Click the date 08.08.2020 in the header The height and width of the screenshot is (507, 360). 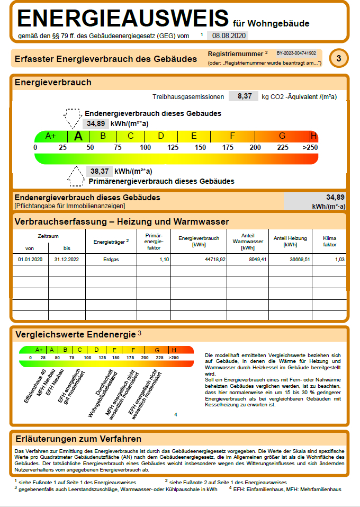[x=228, y=36]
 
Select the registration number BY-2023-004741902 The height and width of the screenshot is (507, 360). [x=296, y=54]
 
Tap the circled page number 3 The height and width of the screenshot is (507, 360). [x=339, y=58]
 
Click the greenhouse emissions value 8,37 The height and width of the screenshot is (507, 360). [x=244, y=96]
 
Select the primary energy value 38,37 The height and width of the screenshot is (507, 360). [x=100, y=171]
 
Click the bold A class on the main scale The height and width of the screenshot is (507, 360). [x=78, y=136]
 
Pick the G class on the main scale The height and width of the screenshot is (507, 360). [x=282, y=136]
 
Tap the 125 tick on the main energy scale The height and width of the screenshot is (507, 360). [x=173, y=147]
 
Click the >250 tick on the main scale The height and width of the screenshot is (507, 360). [x=310, y=147]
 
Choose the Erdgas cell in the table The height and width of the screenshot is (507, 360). [x=111, y=260]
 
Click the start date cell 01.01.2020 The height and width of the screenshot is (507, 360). [x=30, y=260]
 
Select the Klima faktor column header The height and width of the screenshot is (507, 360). [x=329, y=242]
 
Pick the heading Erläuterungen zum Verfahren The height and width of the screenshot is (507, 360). [x=78, y=439]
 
